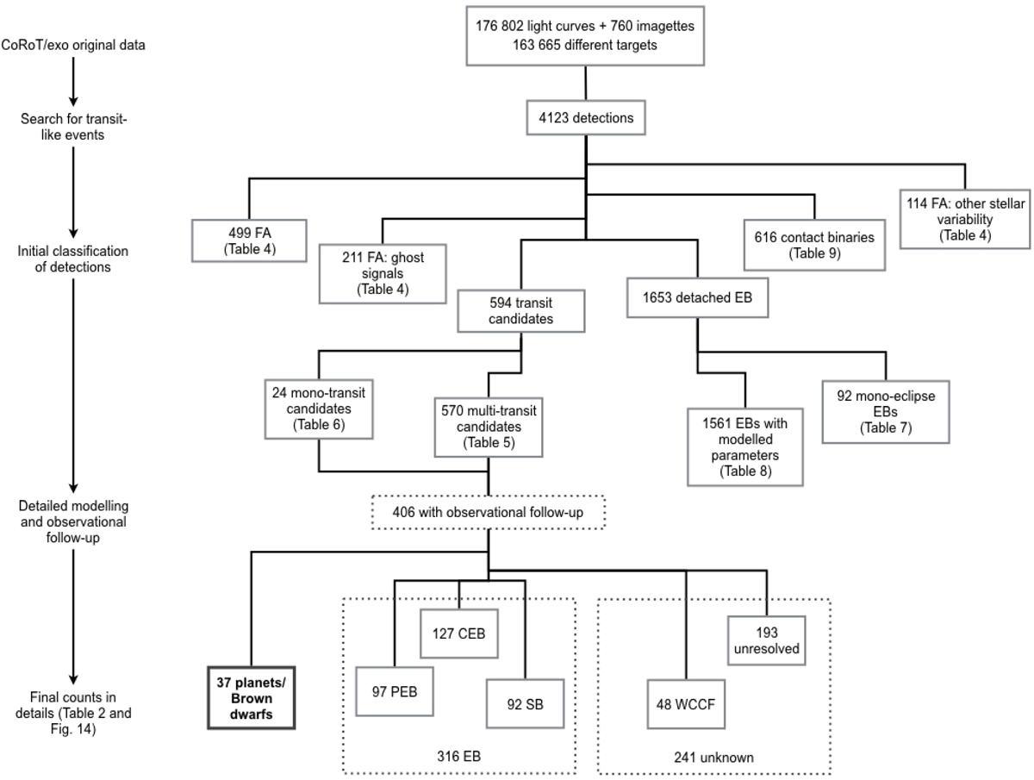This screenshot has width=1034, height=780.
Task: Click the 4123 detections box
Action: (586, 118)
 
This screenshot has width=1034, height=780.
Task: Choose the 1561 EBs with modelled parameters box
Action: (744, 446)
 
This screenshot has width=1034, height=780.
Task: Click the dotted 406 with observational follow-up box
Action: (489, 513)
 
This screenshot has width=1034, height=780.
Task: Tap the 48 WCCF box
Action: (685, 703)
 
